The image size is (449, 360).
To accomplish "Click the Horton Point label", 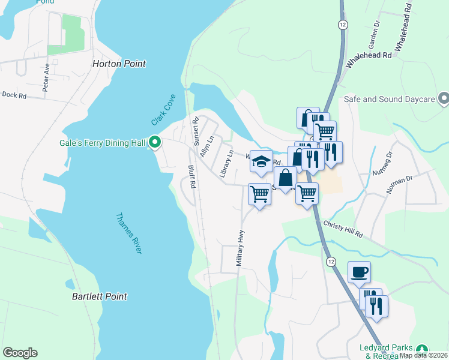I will click(119, 64).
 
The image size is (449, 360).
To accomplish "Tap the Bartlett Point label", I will click(99, 296).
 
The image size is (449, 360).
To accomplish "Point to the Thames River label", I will click(128, 233).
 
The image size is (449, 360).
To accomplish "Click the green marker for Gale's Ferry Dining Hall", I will click(155, 143).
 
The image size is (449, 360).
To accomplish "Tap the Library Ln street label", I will click(226, 164).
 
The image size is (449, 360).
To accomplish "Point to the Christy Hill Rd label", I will click(343, 229).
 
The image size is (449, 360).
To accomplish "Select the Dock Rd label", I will click(14, 95).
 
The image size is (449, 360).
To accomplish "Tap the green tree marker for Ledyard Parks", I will click(423, 349).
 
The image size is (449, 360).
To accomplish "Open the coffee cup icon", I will click(359, 272).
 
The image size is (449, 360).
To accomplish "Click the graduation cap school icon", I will click(261, 161).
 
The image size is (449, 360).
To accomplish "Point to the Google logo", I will click(20, 353).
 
